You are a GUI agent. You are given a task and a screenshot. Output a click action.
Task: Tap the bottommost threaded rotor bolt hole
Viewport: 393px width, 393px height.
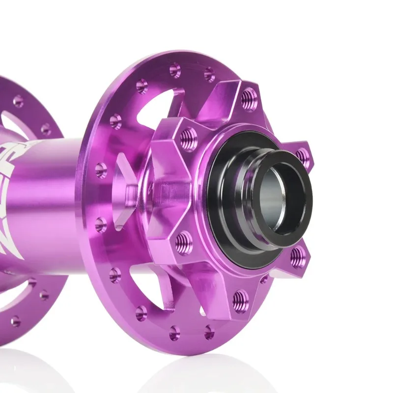point(240,299)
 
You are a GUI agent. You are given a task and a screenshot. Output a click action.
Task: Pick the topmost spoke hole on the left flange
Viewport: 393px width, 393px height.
point(18,101)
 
